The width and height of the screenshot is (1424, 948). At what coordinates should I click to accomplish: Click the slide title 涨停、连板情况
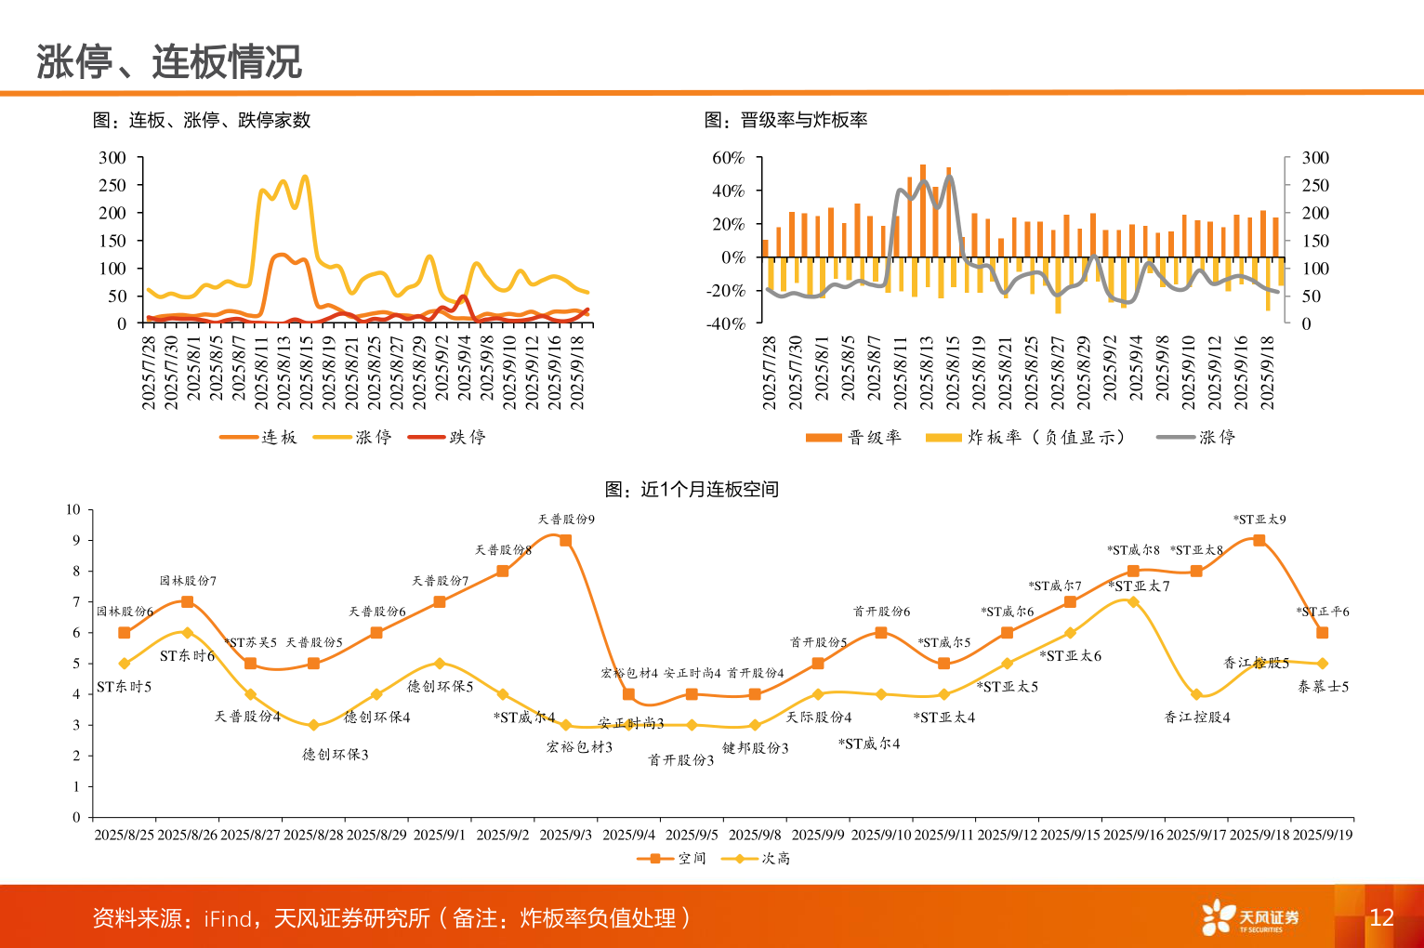pos(169,61)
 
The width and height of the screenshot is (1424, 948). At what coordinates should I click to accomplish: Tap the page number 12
pos(1381,917)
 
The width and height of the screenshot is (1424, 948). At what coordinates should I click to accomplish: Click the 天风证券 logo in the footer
pos(1250,917)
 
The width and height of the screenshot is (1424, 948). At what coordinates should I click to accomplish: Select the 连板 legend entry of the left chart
pos(260,437)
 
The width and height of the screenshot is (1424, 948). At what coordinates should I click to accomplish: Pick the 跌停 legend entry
pos(449,437)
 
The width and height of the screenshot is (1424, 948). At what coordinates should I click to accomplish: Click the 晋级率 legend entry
pos(854,437)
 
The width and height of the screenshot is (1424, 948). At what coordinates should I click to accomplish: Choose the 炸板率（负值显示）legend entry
pos(1027,437)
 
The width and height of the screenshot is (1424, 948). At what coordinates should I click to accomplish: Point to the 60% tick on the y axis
pos(729,158)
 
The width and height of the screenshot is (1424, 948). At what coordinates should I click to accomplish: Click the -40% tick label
pos(726,323)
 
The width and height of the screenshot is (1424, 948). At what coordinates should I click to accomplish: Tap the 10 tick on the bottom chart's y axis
pos(73,509)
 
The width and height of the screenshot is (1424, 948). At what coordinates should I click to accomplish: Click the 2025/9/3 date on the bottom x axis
pos(565,835)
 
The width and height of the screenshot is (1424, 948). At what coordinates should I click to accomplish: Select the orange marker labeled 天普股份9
pos(565,540)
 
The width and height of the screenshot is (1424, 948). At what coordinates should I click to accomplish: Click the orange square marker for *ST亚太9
pos(1259,540)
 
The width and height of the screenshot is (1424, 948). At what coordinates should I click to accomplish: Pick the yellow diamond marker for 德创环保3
pos(313,725)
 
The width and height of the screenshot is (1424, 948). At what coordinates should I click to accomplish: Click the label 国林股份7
pos(188,581)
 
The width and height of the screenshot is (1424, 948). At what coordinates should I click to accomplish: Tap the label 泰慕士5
pos(1323,687)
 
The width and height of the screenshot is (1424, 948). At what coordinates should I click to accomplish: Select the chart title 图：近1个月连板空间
pos(692,489)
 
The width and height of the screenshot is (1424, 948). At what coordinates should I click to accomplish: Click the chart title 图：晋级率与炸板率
pos(786,120)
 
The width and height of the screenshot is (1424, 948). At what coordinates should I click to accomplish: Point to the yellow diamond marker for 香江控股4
pos(1196,694)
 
